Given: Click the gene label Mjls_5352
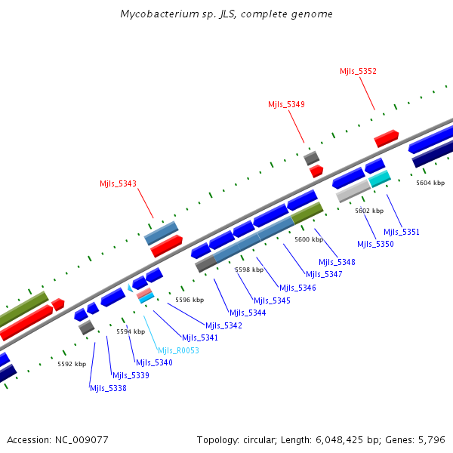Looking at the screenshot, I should tap(358, 71).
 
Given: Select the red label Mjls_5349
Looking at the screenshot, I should tap(286, 104).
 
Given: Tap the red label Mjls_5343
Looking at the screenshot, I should tap(118, 183).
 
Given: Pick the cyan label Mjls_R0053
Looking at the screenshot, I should tap(178, 350).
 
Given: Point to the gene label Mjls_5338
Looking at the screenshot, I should tap(108, 388).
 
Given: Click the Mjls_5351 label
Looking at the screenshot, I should tap(402, 232).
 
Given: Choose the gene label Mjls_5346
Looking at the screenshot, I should tap(297, 288).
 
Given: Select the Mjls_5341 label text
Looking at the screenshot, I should tap(199, 337).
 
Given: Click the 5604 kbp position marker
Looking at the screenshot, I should tap(430, 183).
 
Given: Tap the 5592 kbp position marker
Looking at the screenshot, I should tap(72, 364).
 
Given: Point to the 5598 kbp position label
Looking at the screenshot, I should tap(249, 270).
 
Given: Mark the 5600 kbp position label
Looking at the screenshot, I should tap(309, 239).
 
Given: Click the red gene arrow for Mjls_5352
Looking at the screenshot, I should tap(386, 138).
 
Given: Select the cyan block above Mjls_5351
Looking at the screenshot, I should tap(379, 178).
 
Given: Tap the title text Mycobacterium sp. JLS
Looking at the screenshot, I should tap(226, 14).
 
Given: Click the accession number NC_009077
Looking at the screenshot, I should tap(82, 439).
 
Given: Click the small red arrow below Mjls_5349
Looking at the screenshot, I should tap(316, 171).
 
